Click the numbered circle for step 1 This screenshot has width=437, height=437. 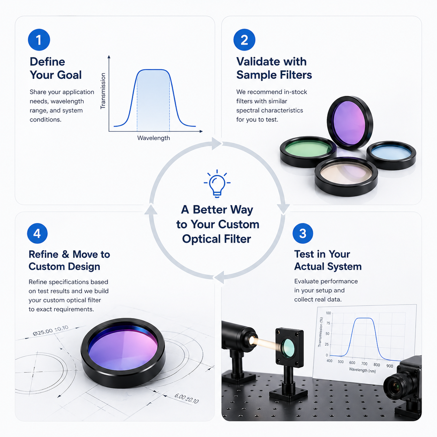coord(39,40)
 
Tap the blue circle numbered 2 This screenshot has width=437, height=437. coord(244,40)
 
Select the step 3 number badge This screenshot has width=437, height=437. coord(303,233)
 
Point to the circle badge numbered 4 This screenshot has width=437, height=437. coord(37,233)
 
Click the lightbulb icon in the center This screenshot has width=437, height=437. coord(217,183)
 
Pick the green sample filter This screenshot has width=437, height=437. coord(308,152)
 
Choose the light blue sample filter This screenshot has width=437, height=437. coord(391,155)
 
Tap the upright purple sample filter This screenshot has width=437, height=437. coord(350,123)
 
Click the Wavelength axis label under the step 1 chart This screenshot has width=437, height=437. coord(154,138)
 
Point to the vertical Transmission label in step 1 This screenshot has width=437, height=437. coord(103,91)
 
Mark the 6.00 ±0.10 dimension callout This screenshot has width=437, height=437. coord(186,398)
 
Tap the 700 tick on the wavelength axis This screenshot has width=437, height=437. coord(364,364)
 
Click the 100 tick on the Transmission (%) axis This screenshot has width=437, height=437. coord(328,313)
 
